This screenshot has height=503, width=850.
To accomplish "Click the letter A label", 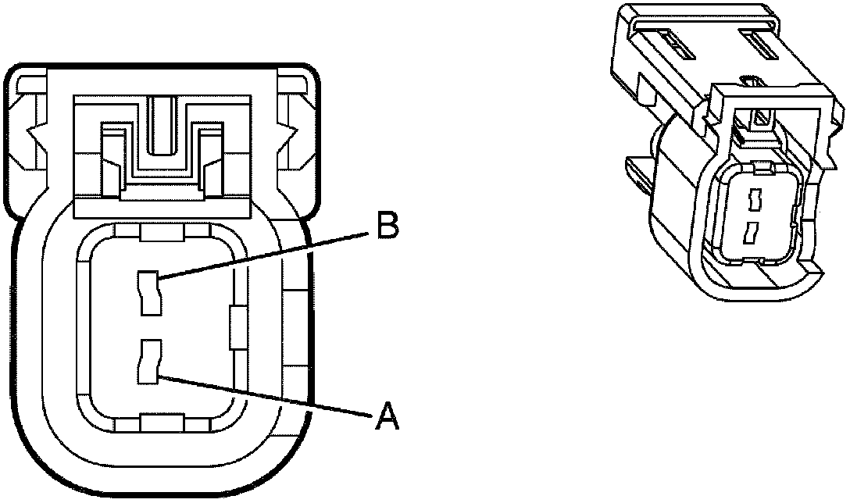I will (x=386, y=416).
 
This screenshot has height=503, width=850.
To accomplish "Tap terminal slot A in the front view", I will (x=150, y=361).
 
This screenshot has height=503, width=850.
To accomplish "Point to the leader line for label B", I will (x=266, y=253).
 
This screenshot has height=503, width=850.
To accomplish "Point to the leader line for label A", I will (x=266, y=395).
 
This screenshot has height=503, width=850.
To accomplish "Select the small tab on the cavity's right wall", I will (x=235, y=326).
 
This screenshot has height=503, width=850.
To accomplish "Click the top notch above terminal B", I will (x=162, y=232).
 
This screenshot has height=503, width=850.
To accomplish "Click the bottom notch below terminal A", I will (x=162, y=423).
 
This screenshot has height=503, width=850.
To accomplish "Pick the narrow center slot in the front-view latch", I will (x=162, y=124).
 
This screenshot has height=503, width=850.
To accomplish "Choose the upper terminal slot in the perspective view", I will (x=754, y=202).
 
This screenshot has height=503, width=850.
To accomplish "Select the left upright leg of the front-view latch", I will (x=111, y=160).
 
